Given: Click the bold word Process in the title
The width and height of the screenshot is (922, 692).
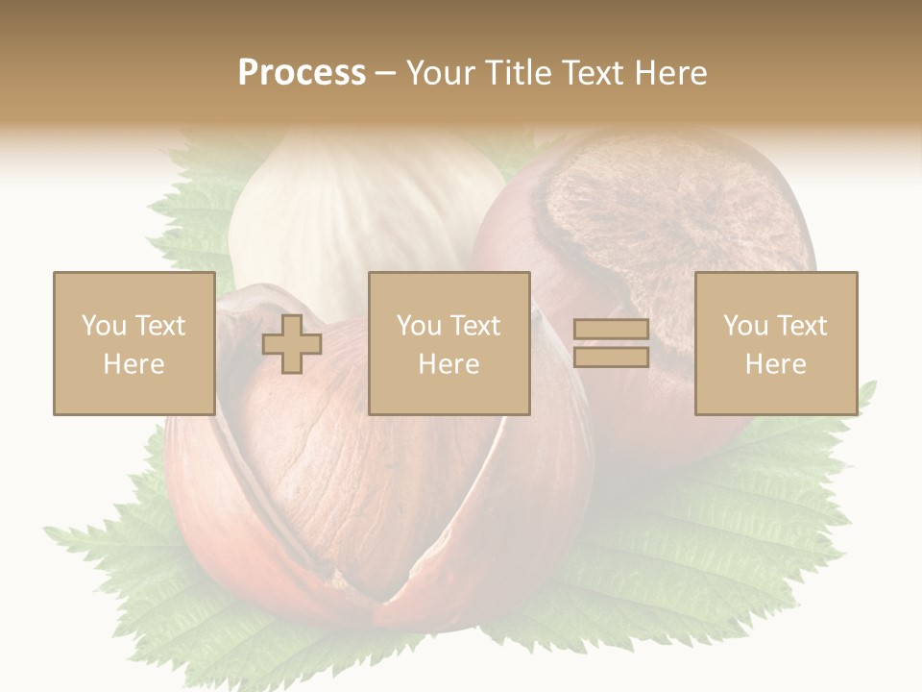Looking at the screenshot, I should [302, 73].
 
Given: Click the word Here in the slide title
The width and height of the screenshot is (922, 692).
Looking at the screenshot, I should [669, 73].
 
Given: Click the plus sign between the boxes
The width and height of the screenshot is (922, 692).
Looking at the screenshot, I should [292, 344].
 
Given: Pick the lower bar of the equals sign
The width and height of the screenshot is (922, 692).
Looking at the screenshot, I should [611, 358].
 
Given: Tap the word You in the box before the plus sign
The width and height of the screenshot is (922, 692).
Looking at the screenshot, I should [104, 326].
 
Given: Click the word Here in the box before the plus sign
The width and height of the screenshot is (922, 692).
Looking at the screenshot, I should [133, 364].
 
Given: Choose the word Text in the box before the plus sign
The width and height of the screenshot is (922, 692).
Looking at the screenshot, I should [159, 326].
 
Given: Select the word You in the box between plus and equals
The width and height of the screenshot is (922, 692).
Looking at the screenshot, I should [419, 326].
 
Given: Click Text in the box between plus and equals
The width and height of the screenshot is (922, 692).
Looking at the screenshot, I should [474, 326].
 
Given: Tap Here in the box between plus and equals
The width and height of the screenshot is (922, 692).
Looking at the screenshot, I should [449, 364].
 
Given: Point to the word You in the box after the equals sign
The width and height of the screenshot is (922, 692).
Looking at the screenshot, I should [745, 326].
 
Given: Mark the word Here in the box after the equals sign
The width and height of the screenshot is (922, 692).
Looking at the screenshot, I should [775, 364].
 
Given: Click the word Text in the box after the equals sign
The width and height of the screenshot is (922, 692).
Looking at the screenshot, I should [801, 326].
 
